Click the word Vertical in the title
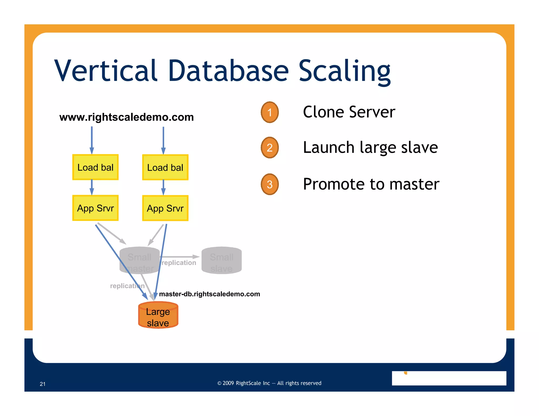[x=106, y=70]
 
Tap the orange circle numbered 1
[x=269, y=112]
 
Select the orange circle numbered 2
[x=269, y=148]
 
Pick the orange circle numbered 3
[x=269, y=184]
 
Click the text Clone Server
[x=349, y=112]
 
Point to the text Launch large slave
[x=370, y=147]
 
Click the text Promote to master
[x=371, y=184]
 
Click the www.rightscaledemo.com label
[x=126, y=117]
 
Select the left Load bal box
[x=95, y=167]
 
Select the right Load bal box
[x=165, y=168]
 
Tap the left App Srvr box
[x=95, y=208]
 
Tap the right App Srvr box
[x=165, y=208]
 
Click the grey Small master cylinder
[x=139, y=260]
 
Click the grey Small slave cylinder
[x=221, y=260]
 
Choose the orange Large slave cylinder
[x=158, y=315]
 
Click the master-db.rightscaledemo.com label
[x=209, y=294]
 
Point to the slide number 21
[x=43, y=384]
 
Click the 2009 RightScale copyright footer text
[x=269, y=383]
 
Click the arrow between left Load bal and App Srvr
[x=92, y=187]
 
